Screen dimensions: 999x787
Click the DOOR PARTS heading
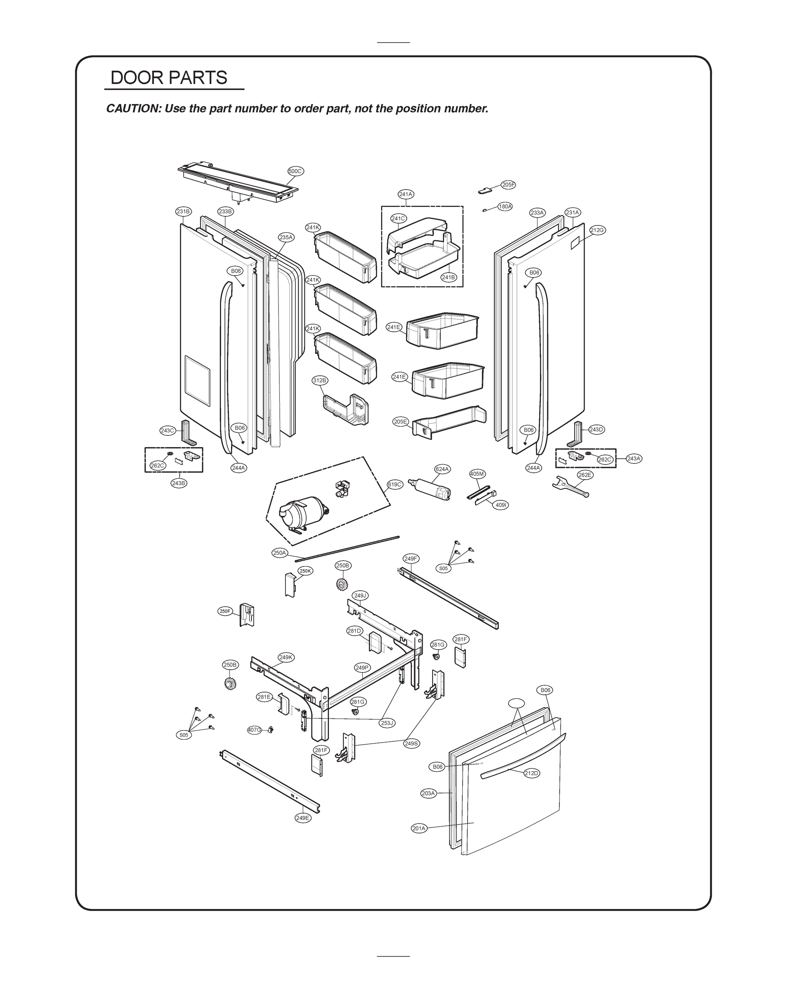pyautogui.click(x=169, y=78)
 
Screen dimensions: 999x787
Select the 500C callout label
pyautogui.click(x=295, y=171)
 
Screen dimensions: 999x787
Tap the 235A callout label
pyautogui.click(x=286, y=237)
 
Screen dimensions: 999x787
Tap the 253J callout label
pyautogui.click(x=387, y=723)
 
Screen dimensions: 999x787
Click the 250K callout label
pyautogui.click(x=306, y=571)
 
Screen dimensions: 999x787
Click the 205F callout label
pyautogui.click(x=508, y=185)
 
